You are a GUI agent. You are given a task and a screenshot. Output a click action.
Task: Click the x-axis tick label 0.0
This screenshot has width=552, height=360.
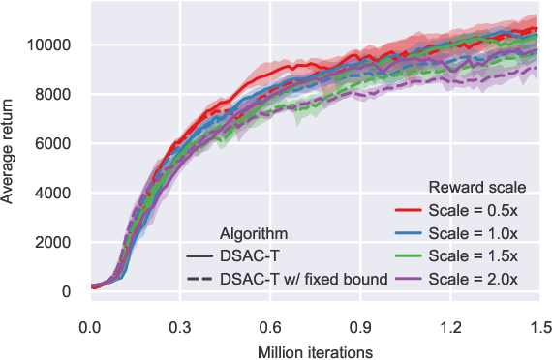[x=89, y=326]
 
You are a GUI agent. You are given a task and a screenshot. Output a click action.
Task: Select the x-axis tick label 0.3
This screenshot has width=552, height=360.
[x=179, y=326]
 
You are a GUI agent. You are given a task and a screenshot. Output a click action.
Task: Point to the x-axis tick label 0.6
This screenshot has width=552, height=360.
[x=268, y=326]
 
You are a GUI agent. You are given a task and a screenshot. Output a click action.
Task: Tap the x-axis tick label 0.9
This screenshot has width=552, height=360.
[x=358, y=326]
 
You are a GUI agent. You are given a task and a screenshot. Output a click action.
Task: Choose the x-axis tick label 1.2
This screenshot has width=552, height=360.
[x=448, y=326]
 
